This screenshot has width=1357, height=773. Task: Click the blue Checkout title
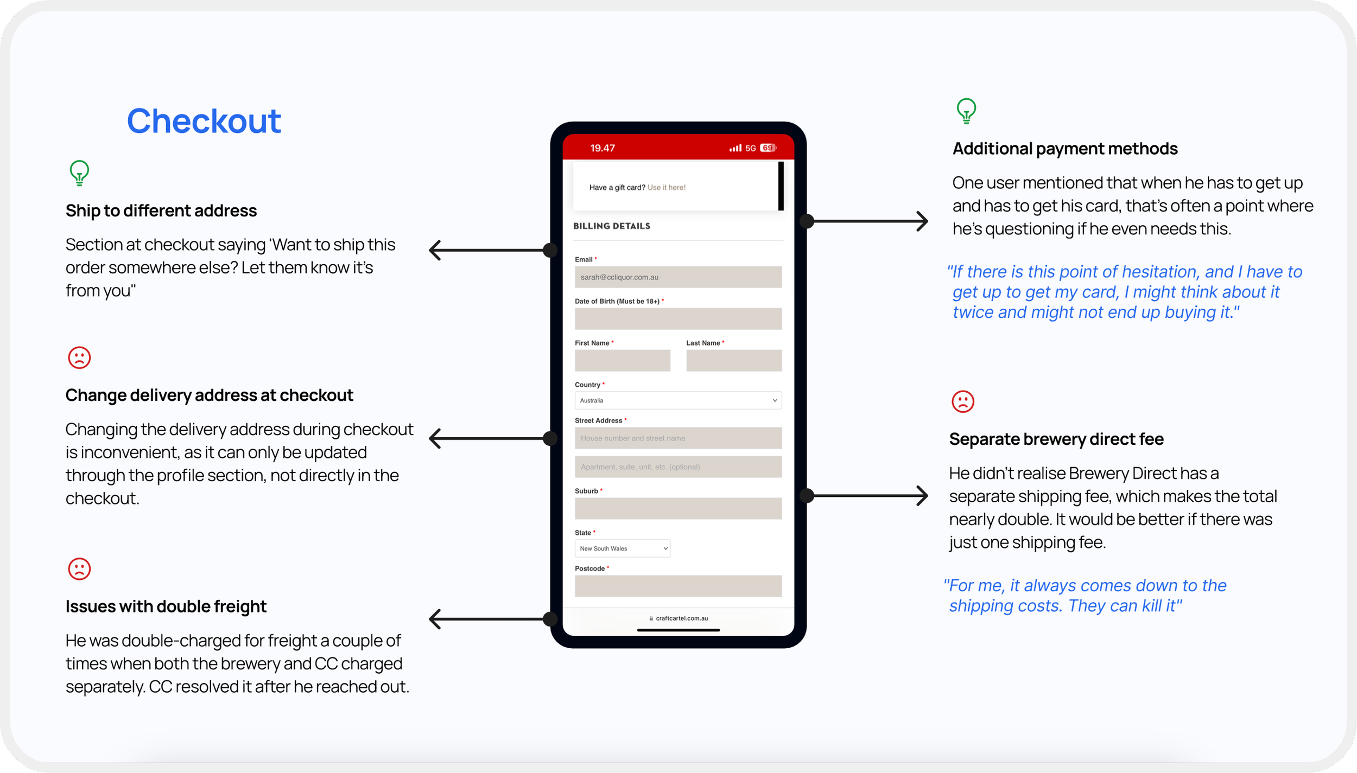pyautogui.click(x=204, y=120)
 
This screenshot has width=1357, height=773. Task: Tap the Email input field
pyautogui.click(x=678, y=277)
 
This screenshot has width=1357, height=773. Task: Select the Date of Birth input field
pyautogui.click(x=678, y=319)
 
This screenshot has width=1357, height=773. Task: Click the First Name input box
pyautogui.click(x=622, y=361)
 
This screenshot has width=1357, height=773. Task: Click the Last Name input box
pyautogui.click(x=733, y=361)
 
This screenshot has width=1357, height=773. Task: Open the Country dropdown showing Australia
pyautogui.click(x=678, y=400)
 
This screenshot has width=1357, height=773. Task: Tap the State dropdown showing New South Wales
pyautogui.click(x=622, y=548)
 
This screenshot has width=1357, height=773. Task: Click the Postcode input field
pyautogui.click(x=678, y=586)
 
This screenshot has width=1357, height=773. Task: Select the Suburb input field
pyautogui.click(x=678, y=509)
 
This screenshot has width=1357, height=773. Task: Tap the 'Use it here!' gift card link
pyautogui.click(x=666, y=188)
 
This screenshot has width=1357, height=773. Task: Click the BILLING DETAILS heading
pyautogui.click(x=612, y=226)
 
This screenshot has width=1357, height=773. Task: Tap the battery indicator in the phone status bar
pyautogui.click(x=768, y=148)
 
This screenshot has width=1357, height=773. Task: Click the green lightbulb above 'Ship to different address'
pyautogui.click(x=79, y=173)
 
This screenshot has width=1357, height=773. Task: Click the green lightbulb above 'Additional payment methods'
pyautogui.click(x=966, y=111)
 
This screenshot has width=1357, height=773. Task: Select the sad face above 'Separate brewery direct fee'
pyautogui.click(x=963, y=402)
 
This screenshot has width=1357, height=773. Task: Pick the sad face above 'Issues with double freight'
pyautogui.click(x=79, y=569)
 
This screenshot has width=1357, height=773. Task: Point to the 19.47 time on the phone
pyautogui.click(x=602, y=148)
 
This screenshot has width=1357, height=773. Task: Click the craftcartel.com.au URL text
pyautogui.click(x=681, y=618)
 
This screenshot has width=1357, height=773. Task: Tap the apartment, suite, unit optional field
pyautogui.click(x=678, y=467)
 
